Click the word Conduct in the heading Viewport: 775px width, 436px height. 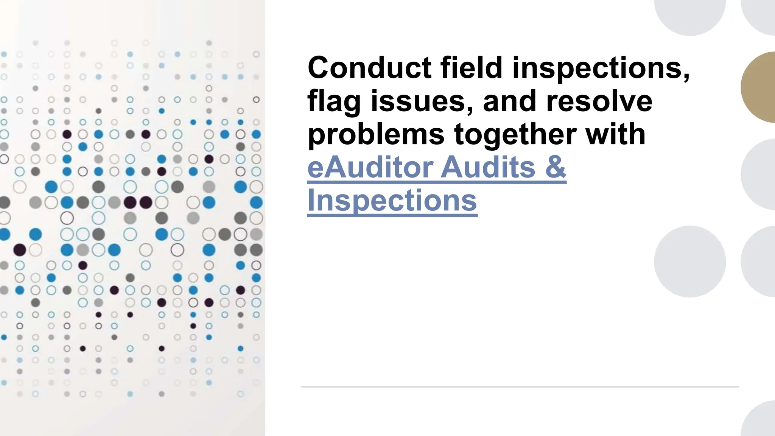pos(369,68)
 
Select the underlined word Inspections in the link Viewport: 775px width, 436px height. pos(392,200)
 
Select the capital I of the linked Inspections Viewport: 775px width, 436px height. pos(311,200)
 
